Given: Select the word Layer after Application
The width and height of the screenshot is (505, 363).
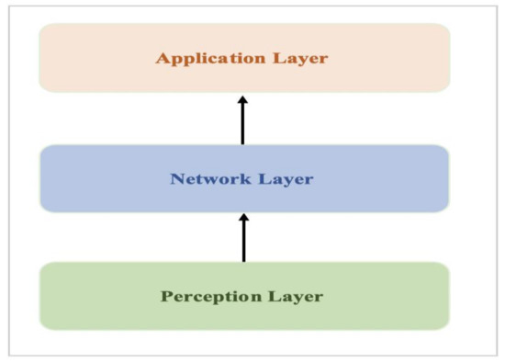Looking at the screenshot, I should (x=299, y=59).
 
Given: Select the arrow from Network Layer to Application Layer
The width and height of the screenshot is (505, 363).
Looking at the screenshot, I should (x=243, y=120).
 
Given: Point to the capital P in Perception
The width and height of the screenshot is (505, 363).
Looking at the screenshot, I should (x=167, y=297).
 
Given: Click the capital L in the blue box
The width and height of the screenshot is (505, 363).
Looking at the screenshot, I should (x=264, y=178).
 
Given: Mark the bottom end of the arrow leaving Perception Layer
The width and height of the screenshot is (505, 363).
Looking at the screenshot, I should (x=243, y=261).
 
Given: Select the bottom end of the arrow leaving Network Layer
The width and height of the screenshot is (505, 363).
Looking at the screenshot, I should (x=243, y=143).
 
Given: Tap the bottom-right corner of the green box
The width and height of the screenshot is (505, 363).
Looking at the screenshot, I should (x=448, y=327).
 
